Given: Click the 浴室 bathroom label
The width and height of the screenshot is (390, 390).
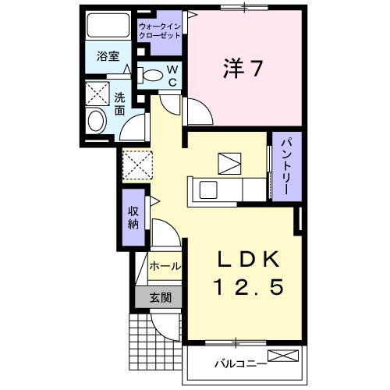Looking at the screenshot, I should [x=107, y=56].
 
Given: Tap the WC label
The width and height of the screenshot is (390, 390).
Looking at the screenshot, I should [x=172, y=76].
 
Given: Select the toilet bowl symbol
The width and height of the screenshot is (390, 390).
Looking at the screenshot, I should [x=151, y=76].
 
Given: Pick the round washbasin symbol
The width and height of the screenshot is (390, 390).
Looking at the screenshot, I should [x=97, y=120].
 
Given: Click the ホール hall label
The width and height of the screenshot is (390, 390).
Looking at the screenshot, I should [x=165, y=266].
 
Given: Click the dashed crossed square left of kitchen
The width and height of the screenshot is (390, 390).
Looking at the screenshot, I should [x=136, y=164].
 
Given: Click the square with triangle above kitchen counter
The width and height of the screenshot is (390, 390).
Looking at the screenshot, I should [x=230, y=165].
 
